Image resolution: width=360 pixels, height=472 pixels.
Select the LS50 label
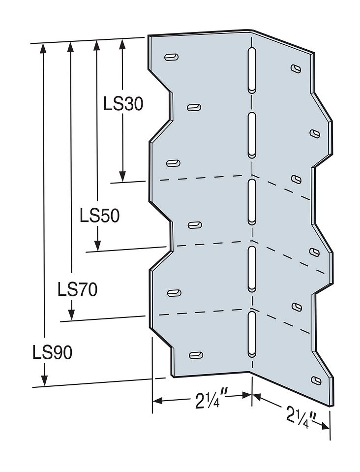(x=99, y=216)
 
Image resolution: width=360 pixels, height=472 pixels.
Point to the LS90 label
(x=53, y=352)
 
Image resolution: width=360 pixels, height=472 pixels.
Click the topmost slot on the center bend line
(x=251, y=70)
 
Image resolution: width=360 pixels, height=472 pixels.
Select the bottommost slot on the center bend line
(x=251, y=333)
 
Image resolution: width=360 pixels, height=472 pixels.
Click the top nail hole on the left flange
(x=171, y=57)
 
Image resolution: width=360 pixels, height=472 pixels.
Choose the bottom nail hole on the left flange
(x=196, y=355)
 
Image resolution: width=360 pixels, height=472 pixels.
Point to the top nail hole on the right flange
(x=296, y=68)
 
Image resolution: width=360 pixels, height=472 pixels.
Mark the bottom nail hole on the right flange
(x=315, y=380)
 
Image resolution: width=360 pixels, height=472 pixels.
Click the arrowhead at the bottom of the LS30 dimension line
(x=122, y=176)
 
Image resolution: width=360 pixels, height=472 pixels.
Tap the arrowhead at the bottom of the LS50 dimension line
(x=98, y=245)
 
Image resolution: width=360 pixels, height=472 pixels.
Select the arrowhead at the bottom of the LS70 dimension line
(x=72, y=315)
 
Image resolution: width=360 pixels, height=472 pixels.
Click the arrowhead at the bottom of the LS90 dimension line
(x=44, y=381)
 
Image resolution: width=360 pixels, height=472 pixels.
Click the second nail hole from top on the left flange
(x=194, y=107)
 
